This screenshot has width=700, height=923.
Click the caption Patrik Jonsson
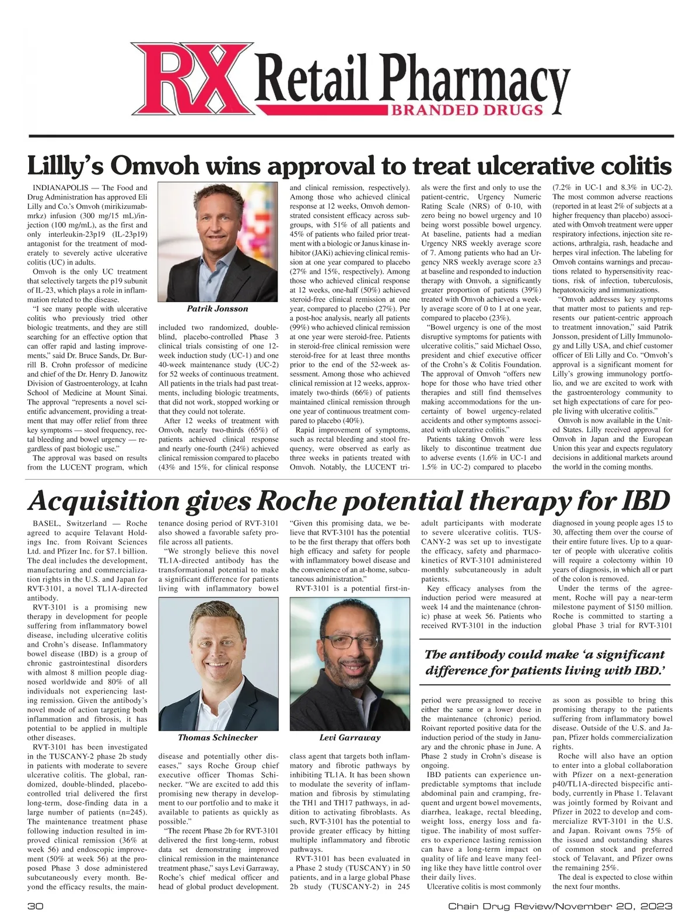pyautogui.click(x=217, y=309)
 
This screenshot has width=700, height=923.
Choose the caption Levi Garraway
pyautogui.click(x=349, y=737)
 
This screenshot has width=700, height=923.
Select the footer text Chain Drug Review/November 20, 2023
pyautogui.click(x=560, y=906)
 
